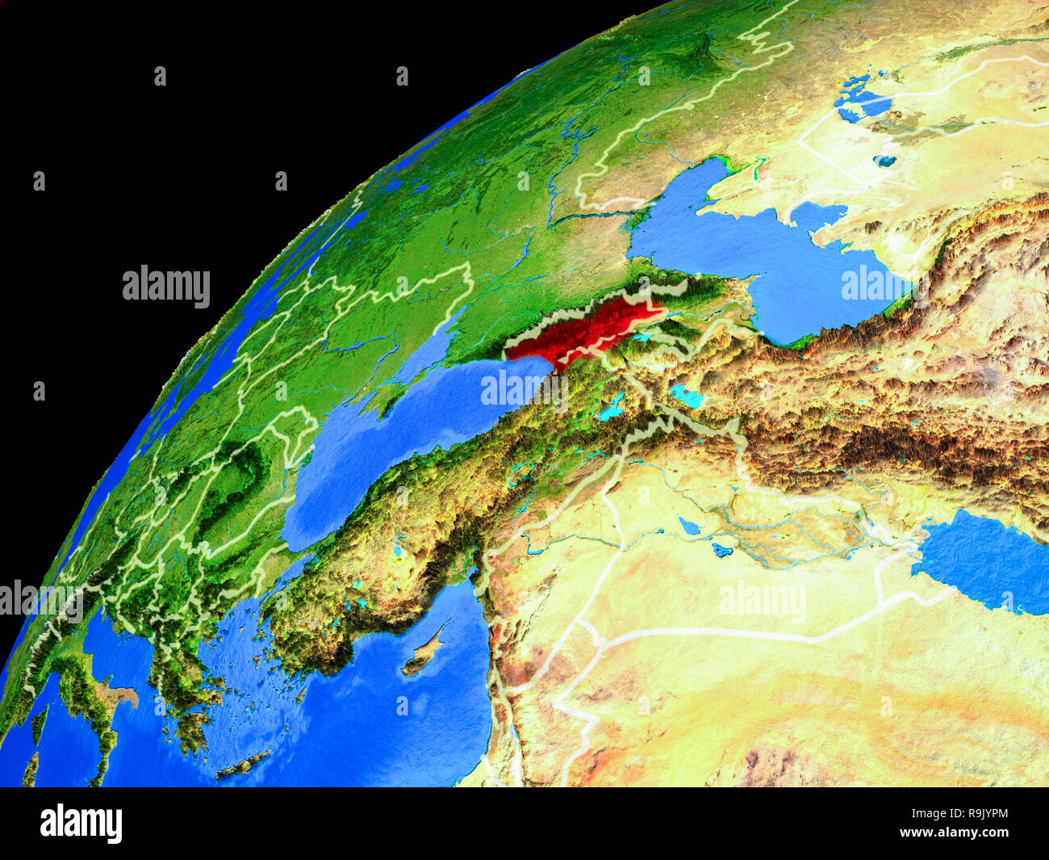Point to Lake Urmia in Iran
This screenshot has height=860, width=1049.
click(x=687, y=396)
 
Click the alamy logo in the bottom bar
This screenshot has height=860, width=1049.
click(x=81, y=824)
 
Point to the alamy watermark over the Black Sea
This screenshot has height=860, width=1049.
click(x=517, y=388)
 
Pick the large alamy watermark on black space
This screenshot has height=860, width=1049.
click(x=166, y=287)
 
